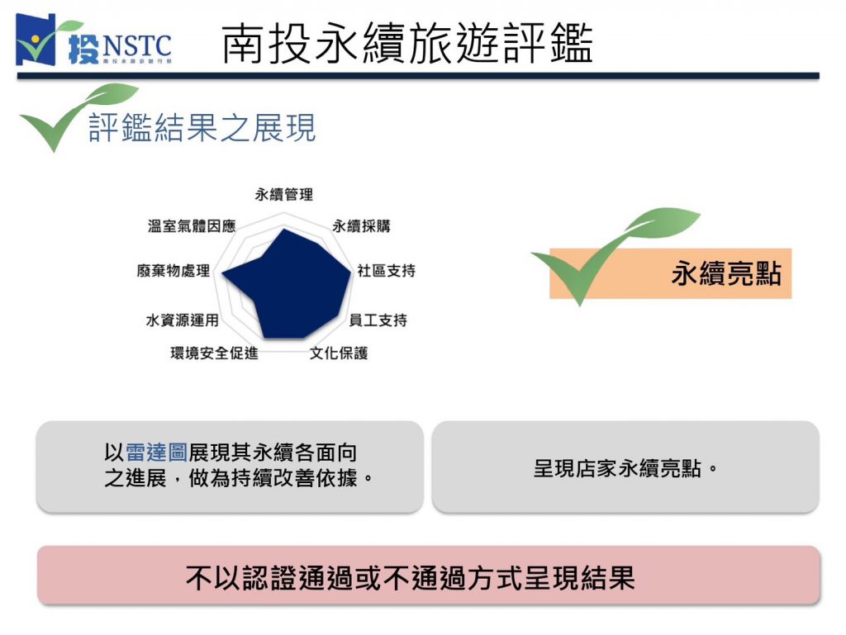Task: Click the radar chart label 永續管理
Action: [x=284, y=195]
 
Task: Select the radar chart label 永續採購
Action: [x=361, y=226]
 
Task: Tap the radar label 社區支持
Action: [x=387, y=271]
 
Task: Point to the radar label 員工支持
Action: [x=378, y=320]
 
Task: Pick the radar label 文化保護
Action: [x=338, y=353]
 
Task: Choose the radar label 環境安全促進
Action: [x=214, y=353]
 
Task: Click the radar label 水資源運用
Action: [x=182, y=320]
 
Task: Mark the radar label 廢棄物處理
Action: [x=173, y=271]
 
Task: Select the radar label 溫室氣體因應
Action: [x=192, y=226]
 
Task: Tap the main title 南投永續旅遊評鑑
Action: [x=407, y=43]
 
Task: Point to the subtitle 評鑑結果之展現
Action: [x=202, y=128]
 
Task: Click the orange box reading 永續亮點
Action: [x=670, y=273]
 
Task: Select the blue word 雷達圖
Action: [x=156, y=453]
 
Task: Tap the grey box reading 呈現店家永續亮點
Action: [x=625, y=467]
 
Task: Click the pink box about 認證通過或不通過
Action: [x=429, y=575]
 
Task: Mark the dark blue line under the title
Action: [x=418, y=76]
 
